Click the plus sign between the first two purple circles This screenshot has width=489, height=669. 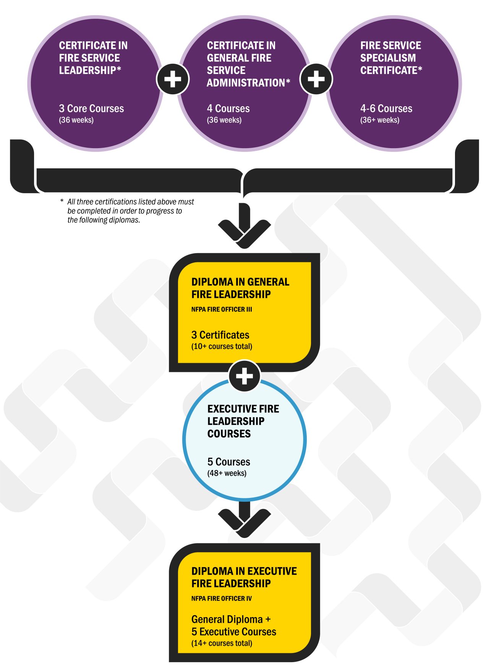[173, 79]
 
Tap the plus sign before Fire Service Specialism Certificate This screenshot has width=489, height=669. [316, 79]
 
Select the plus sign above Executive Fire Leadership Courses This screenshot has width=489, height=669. [244, 377]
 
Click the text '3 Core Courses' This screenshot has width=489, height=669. [91, 108]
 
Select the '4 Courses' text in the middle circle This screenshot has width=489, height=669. [228, 108]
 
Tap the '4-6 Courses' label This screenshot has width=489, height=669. [386, 108]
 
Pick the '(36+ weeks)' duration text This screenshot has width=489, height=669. [380, 120]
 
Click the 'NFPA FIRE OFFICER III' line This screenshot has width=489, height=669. [222, 309]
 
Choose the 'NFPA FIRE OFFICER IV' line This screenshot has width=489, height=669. [222, 598]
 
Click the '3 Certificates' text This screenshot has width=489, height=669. [220, 335]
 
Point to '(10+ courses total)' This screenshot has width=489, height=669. [222, 346]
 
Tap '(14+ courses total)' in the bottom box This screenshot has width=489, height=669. [222, 643]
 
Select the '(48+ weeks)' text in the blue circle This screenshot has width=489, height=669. [227, 473]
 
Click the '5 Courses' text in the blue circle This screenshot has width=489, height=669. [228, 462]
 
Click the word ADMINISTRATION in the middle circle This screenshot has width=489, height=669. [246, 83]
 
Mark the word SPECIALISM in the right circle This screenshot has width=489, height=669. [388, 58]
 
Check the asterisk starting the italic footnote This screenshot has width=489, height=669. [62, 201]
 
